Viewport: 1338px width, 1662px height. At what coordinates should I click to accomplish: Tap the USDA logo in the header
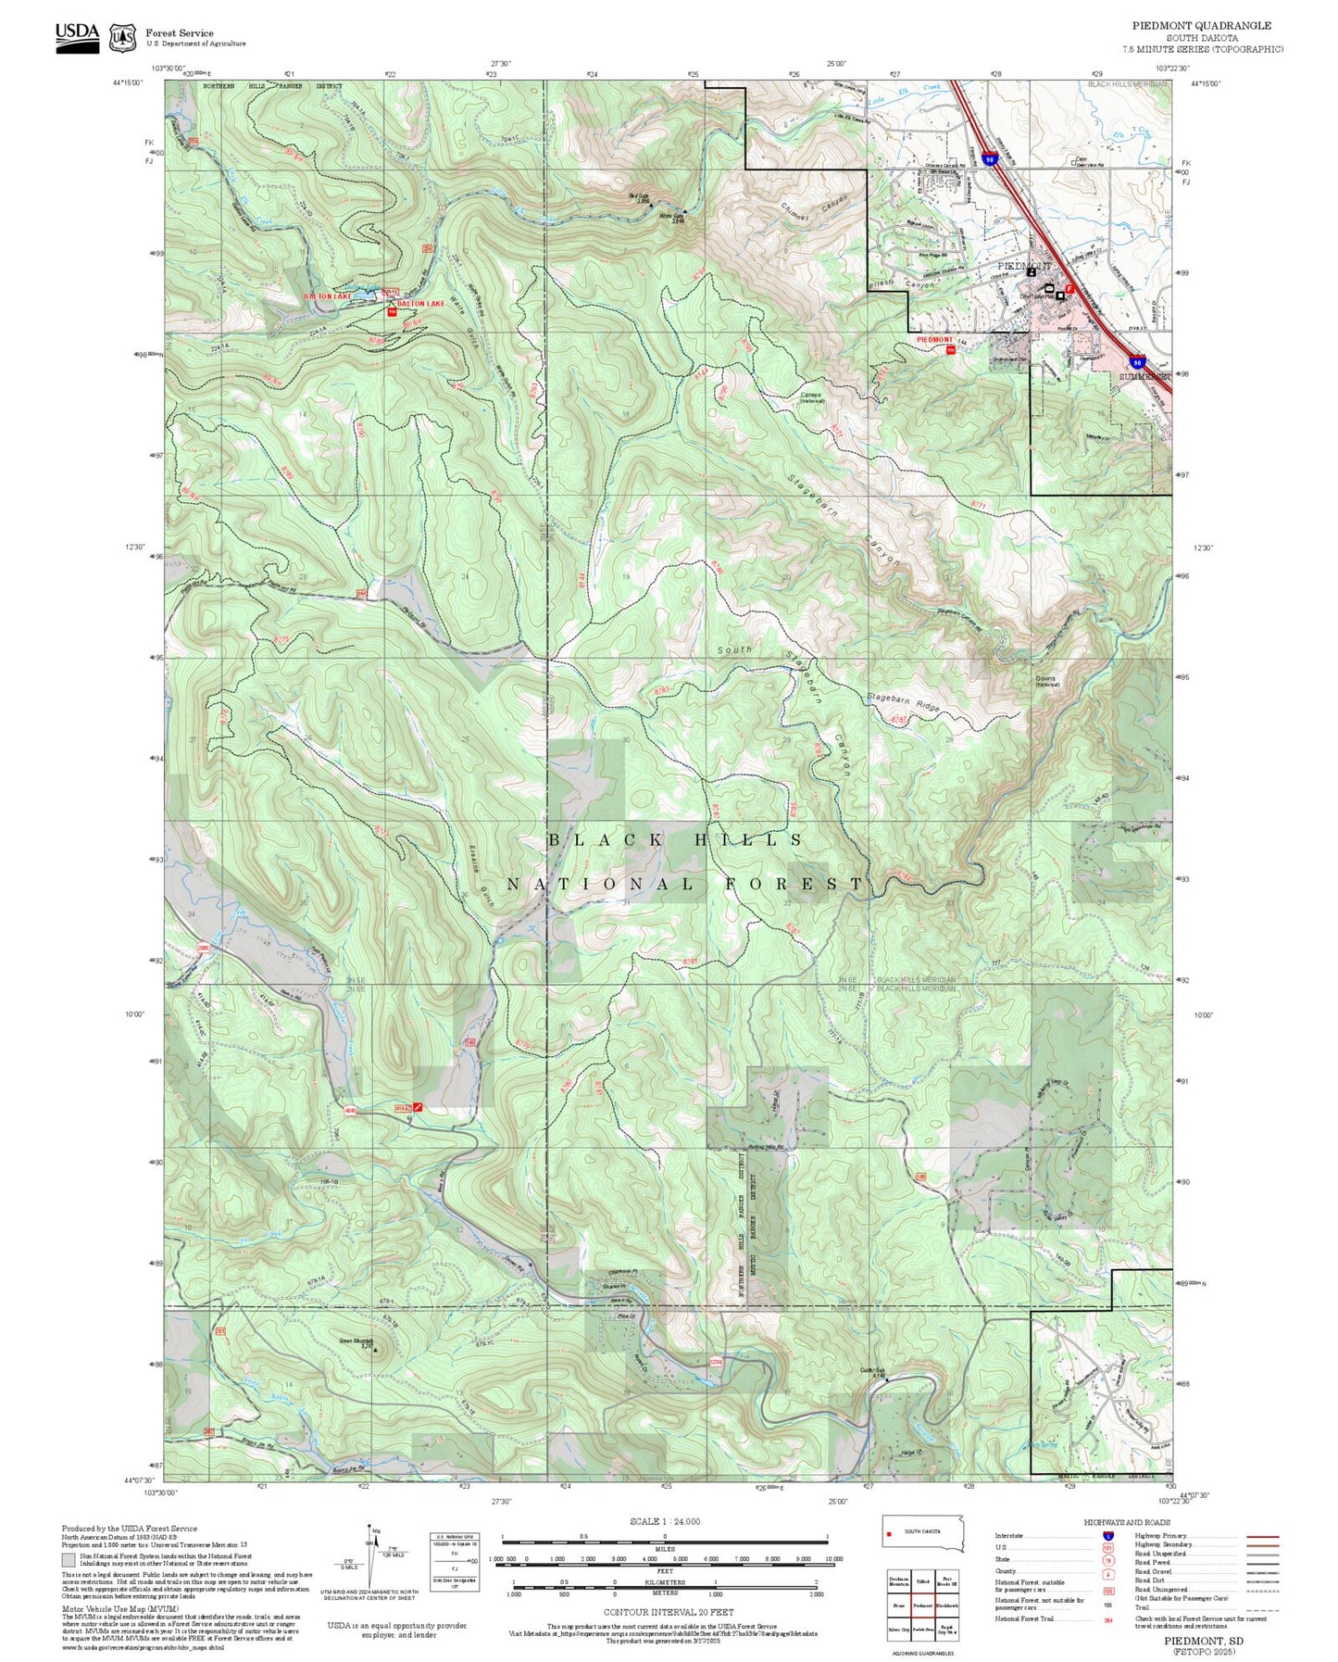[x=77, y=36]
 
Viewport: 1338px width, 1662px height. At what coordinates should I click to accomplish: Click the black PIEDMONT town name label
[x=1026, y=266]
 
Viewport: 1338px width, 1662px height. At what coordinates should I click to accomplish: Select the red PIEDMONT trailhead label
[x=934, y=340]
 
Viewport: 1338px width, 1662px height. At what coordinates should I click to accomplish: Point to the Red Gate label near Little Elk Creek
[x=638, y=196]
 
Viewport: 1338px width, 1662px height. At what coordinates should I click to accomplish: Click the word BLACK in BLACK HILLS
[x=605, y=840]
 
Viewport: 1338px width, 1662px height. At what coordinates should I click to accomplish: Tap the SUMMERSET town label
[x=1144, y=377]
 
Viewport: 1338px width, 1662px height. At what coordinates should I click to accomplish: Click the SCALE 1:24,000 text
[x=664, y=1521]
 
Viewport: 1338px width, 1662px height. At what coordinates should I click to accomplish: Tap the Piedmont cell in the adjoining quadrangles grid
[x=921, y=1605]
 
